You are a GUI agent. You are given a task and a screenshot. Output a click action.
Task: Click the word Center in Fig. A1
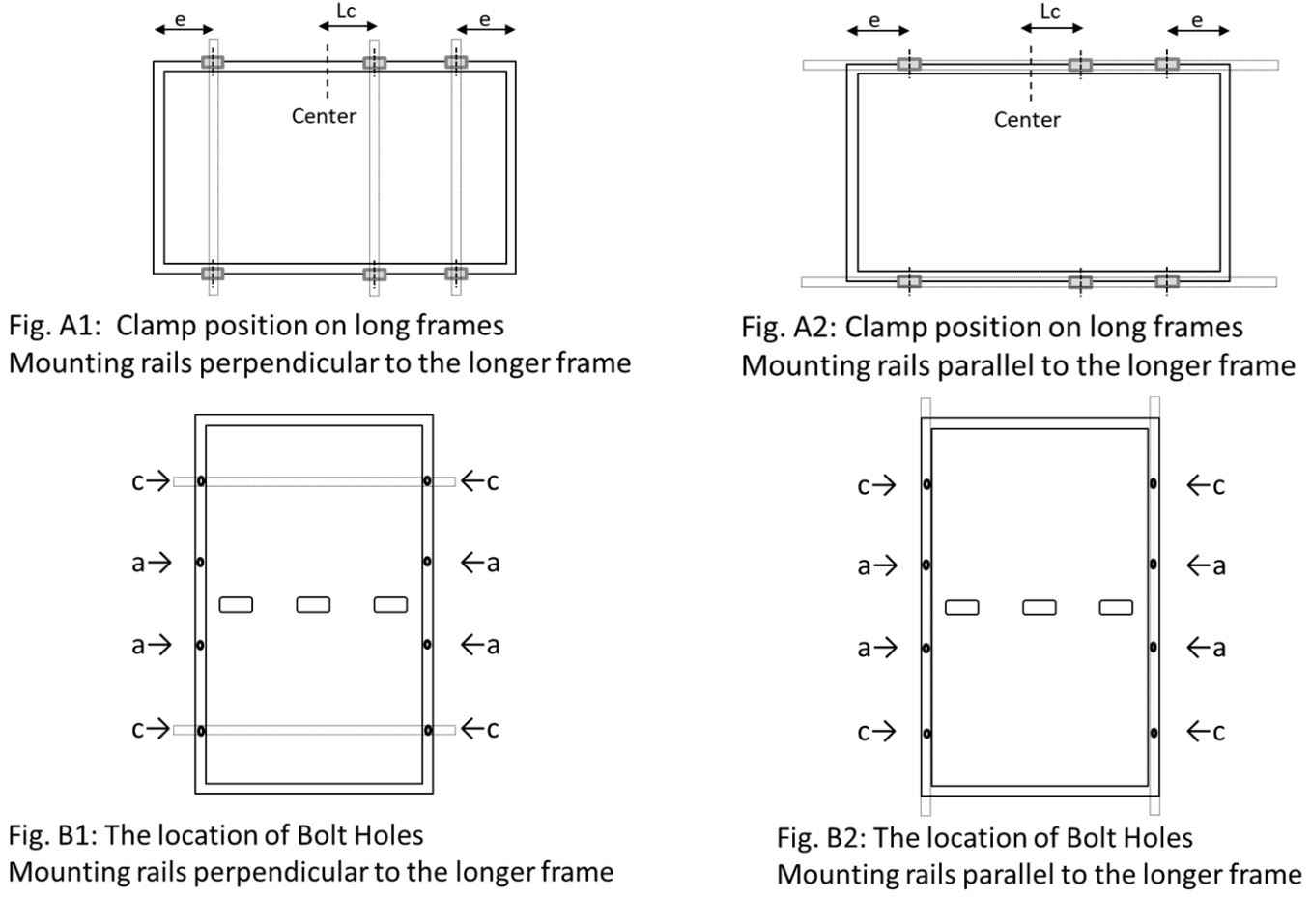[x=324, y=116]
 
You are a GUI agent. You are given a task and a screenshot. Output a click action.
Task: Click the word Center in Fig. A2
[x=1027, y=120]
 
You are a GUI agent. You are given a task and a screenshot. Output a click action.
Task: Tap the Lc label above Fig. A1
[x=346, y=12]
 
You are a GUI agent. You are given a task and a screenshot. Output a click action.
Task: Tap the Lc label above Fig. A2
[x=1050, y=12]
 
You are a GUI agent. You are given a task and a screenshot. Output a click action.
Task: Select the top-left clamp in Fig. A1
[x=213, y=63]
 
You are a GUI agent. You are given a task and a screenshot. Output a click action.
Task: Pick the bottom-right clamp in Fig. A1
[x=456, y=274]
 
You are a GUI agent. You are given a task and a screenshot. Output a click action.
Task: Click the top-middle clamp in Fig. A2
[x=1080, y=65]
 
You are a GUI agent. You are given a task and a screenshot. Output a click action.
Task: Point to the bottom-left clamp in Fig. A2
[x=908, y=281]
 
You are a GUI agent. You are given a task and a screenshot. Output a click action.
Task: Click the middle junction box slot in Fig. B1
[x=313, y=604]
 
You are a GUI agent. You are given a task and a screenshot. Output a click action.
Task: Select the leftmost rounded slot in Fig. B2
[x=961, y=607]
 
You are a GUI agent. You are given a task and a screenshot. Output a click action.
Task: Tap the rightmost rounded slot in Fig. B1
[x=390, y=604]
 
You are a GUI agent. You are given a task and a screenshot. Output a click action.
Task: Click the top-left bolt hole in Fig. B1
[x=201, y=480]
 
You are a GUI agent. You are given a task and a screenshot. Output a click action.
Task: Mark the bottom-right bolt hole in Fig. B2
[x=1154, y=733]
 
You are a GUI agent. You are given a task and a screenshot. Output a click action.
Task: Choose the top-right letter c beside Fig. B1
[x=493, y=480]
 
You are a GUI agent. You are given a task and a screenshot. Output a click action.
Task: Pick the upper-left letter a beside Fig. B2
[x=864, y=565]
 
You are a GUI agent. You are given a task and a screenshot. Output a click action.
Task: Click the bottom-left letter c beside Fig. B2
[x=864, y=732]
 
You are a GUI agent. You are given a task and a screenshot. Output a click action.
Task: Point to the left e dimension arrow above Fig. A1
[x=184, y=30]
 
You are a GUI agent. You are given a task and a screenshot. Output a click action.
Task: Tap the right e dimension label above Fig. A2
[x=1198, y=18]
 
